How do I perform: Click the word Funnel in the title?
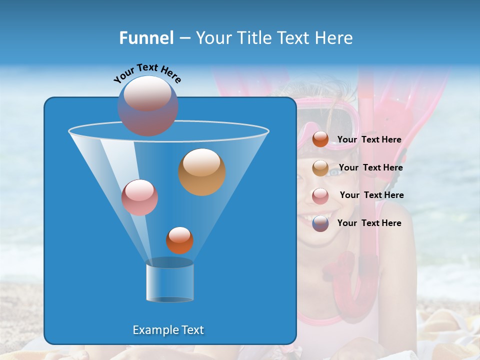[146, 38]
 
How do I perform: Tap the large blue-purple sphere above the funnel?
[147, 105]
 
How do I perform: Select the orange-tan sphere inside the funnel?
[202, 172]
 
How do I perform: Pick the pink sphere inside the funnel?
[139, 197]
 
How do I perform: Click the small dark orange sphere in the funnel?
[179, 240]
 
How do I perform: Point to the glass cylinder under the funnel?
[170, 281]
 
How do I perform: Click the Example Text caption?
[168, 330]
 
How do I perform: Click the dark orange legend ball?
[320, 139]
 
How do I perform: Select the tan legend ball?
[320, 168]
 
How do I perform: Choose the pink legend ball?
[320, 196]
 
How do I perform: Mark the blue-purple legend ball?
[320, 223]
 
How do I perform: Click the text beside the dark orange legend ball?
[369, 140]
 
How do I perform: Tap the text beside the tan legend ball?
[370, 168]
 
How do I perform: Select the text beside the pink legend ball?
[371, 195]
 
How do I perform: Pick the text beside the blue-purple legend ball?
[369, 223]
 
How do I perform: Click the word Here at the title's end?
[334, 38]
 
